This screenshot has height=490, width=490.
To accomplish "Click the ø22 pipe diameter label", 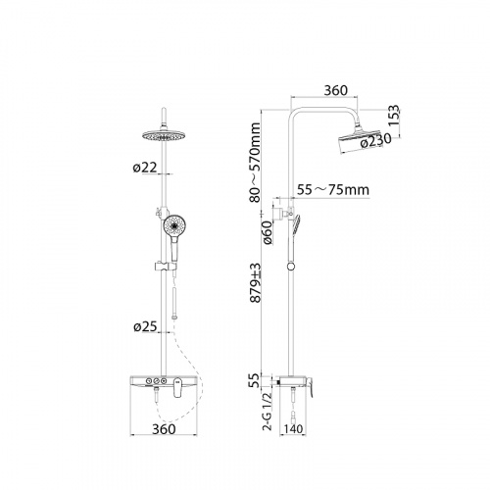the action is pyautogui.click(x=145, y=168).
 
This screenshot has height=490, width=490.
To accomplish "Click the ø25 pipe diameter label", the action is pyautogui.click(x=145, y=327).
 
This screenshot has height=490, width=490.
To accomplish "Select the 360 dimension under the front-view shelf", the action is pyautogui.click(x=164, y=429).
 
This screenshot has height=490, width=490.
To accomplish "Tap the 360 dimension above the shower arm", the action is pyautogui.click(x=336, y=90).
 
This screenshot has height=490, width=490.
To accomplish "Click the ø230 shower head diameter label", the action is pyautogui.click(x=375, y=140).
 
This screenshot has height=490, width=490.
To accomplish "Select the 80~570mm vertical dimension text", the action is pyautogui.click(x=256, y=162).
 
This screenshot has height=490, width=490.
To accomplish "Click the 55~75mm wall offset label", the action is pyautogui.click(x=333, y=190).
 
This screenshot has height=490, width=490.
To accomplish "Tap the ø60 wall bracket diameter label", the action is pyautogui.click(x=268, y=232).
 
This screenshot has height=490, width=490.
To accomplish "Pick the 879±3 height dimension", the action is pyautogui.click(x=256, y=283).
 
